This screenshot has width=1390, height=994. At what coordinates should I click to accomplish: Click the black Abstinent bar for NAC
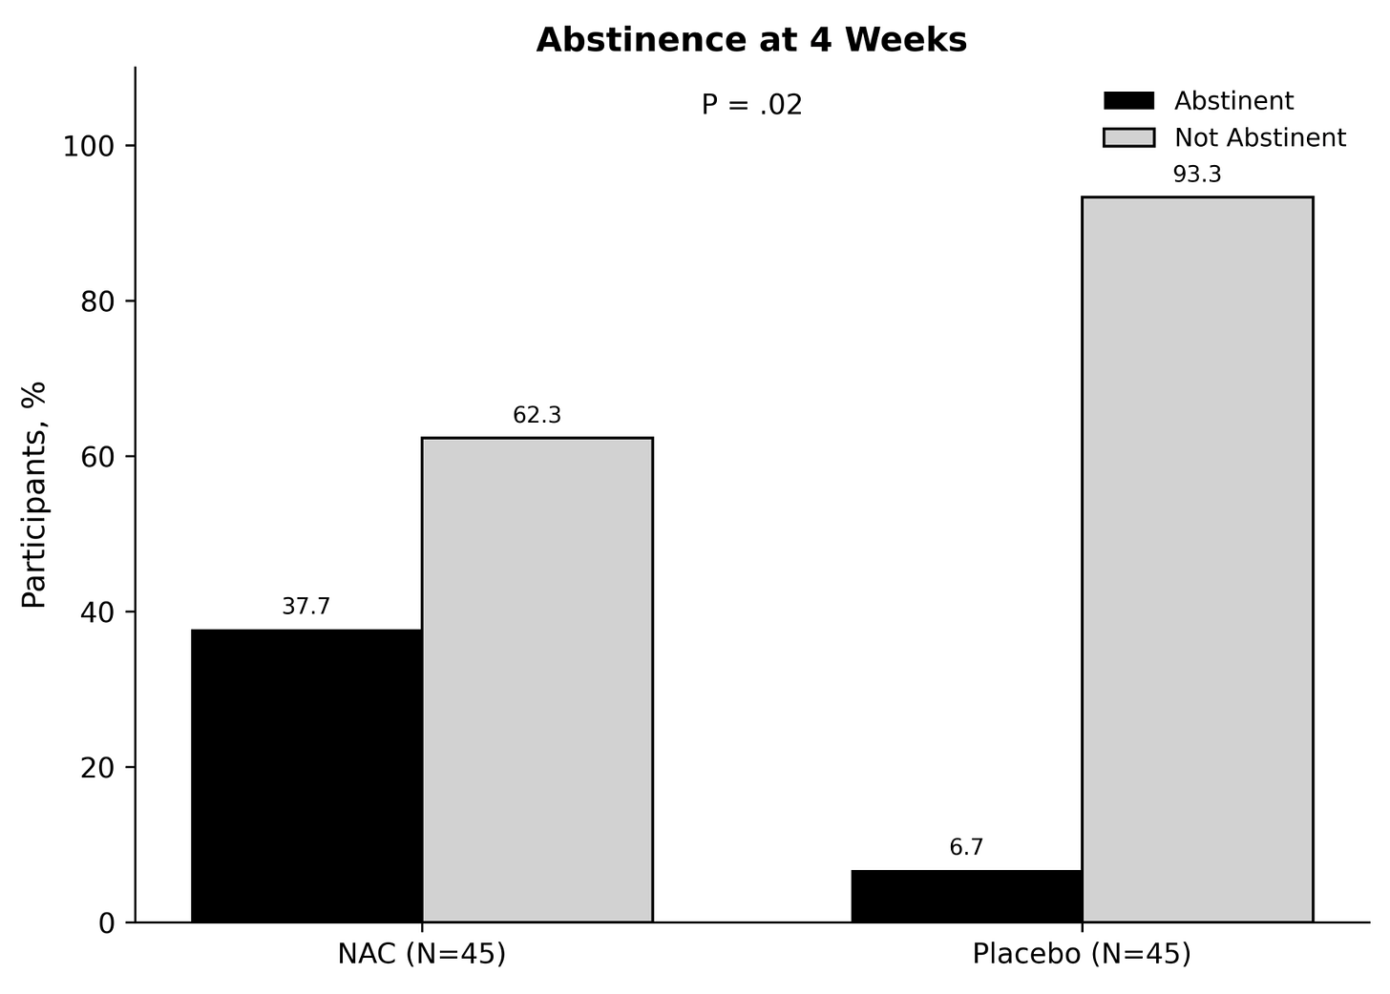[x=306, y=776]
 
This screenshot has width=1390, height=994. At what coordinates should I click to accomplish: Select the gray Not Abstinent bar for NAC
[x=537, y=680]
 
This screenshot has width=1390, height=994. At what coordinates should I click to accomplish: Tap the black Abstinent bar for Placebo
[x=967, y=896]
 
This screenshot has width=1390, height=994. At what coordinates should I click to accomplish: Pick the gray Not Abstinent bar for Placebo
[x=1197, y=560]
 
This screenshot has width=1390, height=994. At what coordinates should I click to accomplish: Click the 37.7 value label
[x=305, y=607]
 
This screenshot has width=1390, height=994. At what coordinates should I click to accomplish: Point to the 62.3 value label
[x=537, y=416]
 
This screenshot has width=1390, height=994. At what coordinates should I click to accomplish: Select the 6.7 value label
[x=966, y=847]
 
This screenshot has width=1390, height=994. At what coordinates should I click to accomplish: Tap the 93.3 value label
[x=1197, y=175]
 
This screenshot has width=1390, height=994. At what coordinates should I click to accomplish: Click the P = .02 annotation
[x=751, y=105]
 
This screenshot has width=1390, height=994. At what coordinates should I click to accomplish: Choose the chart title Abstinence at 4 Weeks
[x=751, y=40]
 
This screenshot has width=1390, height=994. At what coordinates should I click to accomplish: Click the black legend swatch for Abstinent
[x=1128, y=100]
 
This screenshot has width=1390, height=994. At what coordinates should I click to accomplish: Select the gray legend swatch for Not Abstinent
[x=1128, y=137]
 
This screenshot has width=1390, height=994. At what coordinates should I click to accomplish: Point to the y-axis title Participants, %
[x=33, y=495]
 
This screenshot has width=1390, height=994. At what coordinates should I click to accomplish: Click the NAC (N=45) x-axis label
[x=422, y=954]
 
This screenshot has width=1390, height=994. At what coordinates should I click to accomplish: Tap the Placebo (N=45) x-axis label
[x=1082, y=954]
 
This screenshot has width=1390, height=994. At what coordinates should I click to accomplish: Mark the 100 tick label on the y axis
[x=90, y=147]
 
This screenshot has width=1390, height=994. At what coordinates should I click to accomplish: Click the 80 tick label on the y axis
[x=98, y=302]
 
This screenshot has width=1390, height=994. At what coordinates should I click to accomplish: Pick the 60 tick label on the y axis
[x=98, y=458]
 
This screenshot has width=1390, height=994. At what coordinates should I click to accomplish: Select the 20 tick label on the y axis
[x=98, y=768]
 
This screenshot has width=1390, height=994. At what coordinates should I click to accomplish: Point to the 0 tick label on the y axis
[x=107, y=924]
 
